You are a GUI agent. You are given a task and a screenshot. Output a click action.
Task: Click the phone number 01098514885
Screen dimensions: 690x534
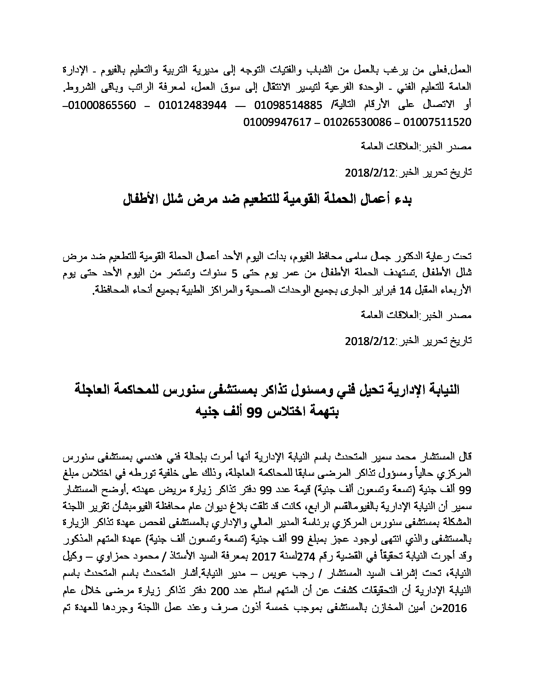(x=288, y=105)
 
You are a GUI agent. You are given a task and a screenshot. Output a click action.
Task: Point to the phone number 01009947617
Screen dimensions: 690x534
(x=277, y=122)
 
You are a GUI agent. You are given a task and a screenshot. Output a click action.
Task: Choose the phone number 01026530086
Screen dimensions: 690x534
(x=357, y=122)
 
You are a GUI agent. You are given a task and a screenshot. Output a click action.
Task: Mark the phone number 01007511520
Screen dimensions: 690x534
(x=438, y=122)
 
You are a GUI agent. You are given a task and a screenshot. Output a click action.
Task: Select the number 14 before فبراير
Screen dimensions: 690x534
(x=405, y=290)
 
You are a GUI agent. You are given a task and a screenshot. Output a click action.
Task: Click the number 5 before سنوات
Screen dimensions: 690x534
(x=234, y=274)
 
